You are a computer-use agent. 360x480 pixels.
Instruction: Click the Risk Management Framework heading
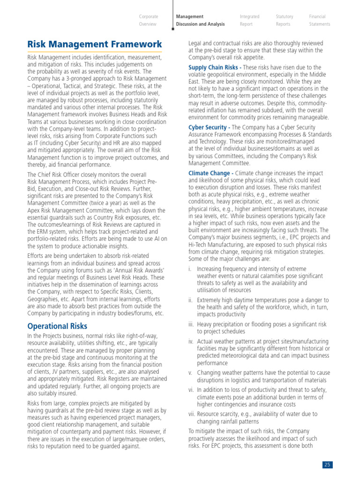click(x=95, y=45)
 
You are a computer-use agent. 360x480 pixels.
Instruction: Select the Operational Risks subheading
click(x=57, y=326)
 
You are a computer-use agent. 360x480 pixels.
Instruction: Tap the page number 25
click(x=327, y=465)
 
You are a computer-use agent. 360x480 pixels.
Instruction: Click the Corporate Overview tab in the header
click(x=148, y=20)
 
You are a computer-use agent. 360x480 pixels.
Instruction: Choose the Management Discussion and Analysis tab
click(x=200, y=20)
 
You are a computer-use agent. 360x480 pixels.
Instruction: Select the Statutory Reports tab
click(x=285, y=20)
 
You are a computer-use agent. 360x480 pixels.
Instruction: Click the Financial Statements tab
click(x=319, y=20)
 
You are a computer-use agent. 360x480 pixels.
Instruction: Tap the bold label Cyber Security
click(x=209, y=127)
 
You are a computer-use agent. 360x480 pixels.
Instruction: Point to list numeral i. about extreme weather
click(x=190, y=269)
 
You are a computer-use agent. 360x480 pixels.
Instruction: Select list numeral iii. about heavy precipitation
click(x=191, y=324)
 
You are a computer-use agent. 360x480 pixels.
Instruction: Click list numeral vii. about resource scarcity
click(x=192, y=414)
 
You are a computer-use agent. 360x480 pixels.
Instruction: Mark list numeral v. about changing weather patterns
click(x=190, y=373)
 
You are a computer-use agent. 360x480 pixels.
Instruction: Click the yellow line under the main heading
click(x=95, y=52)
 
